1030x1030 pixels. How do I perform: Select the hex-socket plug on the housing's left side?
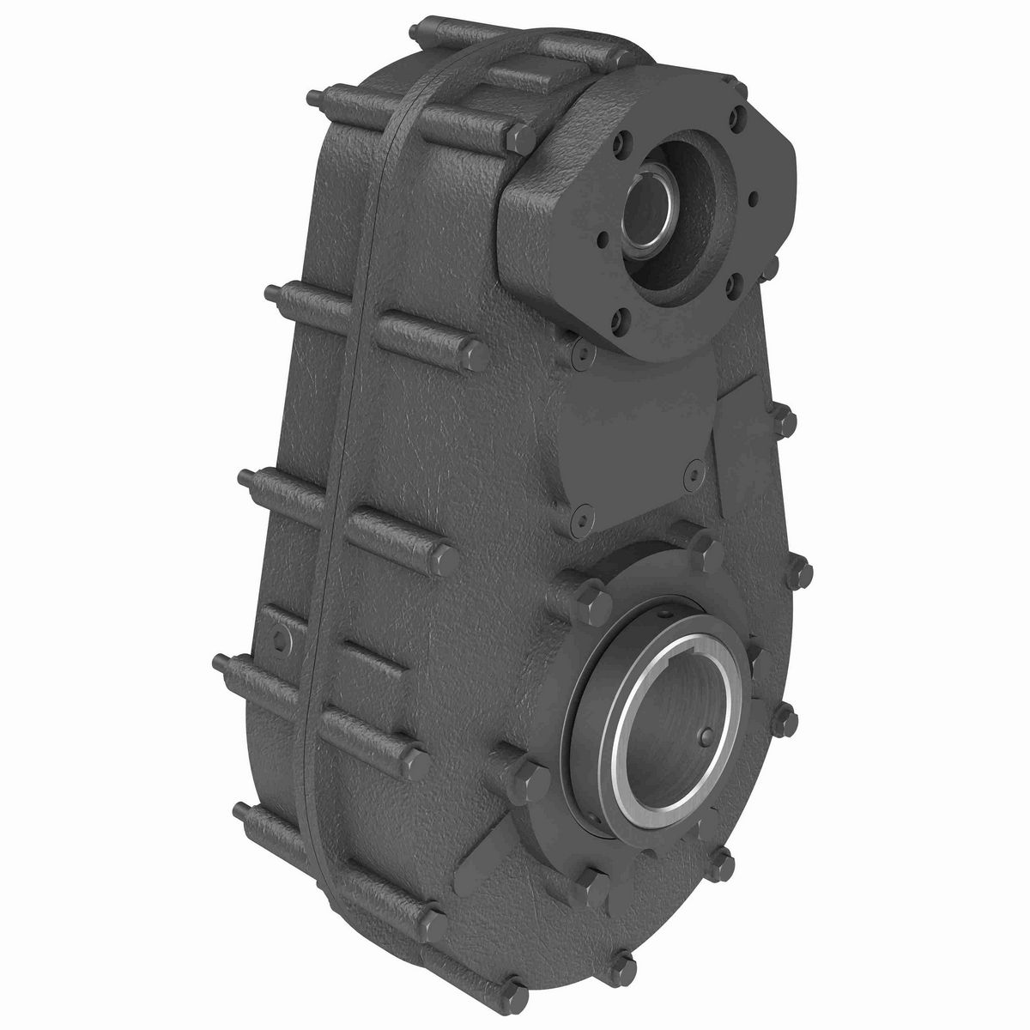pyautogui.click(x=280, y=636)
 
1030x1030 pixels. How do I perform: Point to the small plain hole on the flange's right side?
pyautogui.click(x=754, y=199)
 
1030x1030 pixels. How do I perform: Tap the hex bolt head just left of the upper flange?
pyautogui.click(x=520, y=135)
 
